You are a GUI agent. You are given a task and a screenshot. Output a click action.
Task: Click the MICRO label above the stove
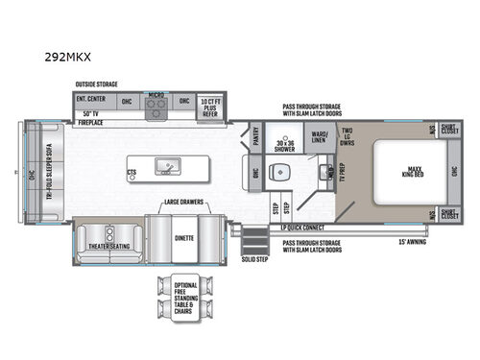[156, 94]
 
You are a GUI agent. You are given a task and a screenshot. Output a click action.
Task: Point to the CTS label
[132, 174]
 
